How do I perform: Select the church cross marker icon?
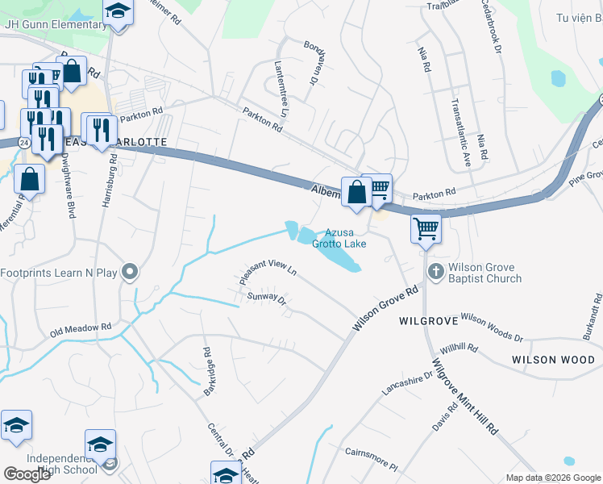coord(435,271)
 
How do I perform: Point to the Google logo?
coord(27,474)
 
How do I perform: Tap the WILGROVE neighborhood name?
coord(429,320)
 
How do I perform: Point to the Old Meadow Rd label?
coord(80,329)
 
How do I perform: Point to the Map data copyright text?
coord(552,478)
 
